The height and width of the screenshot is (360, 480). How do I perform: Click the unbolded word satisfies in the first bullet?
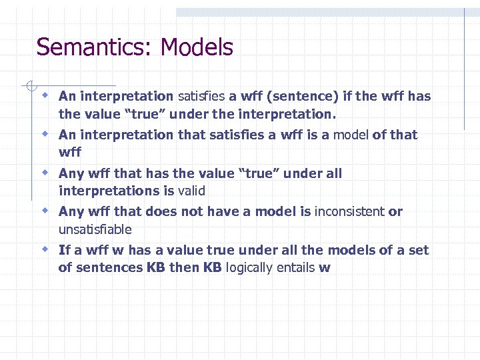click(x=201, y=96)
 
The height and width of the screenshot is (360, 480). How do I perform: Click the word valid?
click(x=191, y=191)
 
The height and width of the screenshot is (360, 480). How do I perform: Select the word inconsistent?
click(x=349, y=211)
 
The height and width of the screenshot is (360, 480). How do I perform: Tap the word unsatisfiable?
click(x=95, y=229)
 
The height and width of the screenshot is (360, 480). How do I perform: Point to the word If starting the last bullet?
click(x=64, y=250)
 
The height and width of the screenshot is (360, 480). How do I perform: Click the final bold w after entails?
click(x=325, y=269)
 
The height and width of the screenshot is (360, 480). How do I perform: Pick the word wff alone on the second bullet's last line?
click(x=69, y=153)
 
